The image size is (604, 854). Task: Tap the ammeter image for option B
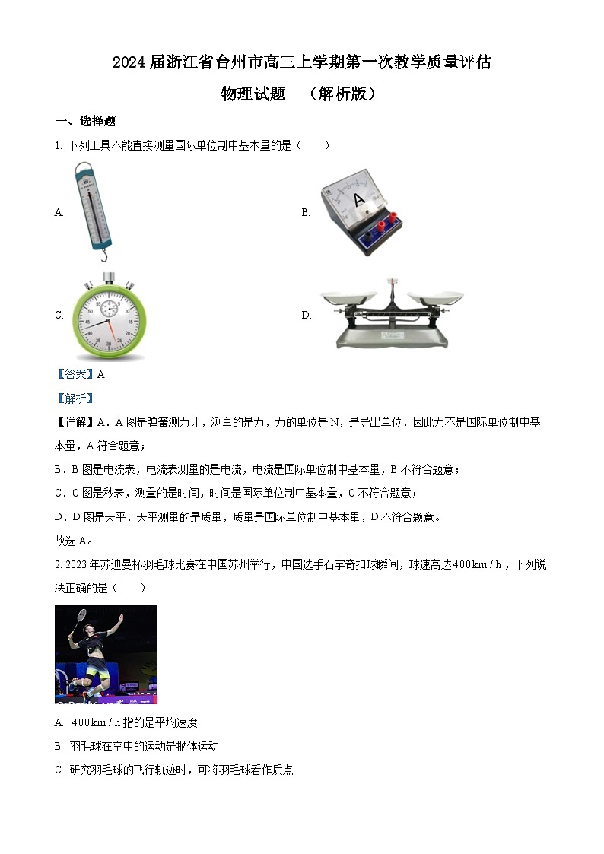357,212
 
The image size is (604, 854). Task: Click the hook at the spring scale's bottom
104,256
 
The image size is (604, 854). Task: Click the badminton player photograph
106,654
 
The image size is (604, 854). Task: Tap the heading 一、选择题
85,121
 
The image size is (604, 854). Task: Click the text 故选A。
74,541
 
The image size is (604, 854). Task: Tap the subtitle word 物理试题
253,94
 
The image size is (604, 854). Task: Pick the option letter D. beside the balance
306,316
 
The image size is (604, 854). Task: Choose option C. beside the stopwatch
59,316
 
